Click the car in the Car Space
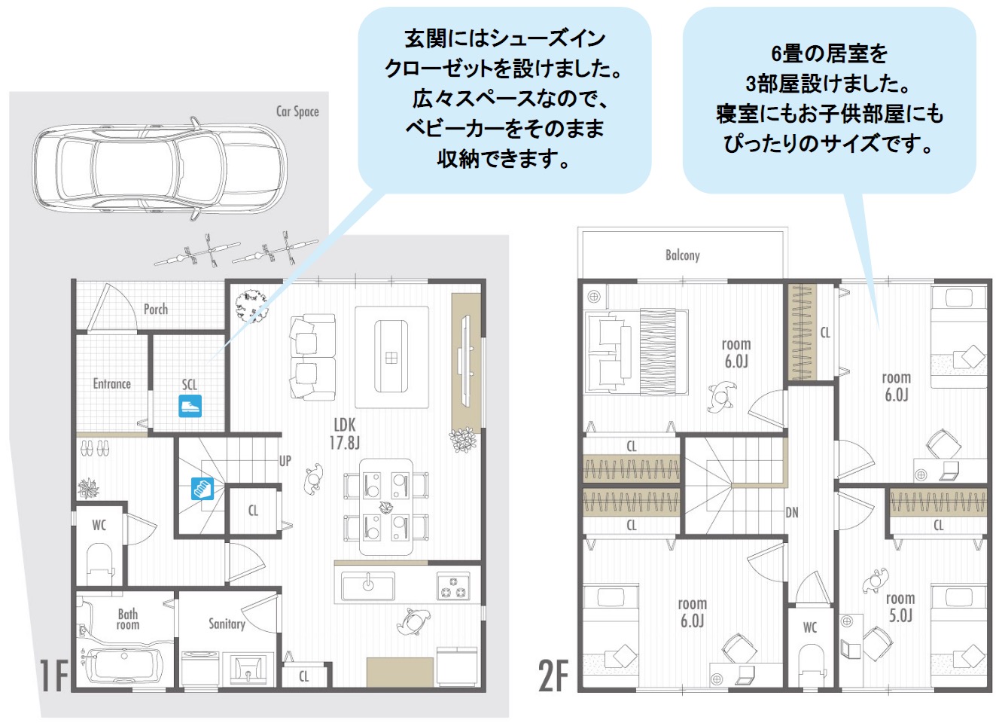[x=158, y=166]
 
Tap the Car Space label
[x=297, y=111]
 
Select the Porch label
[x=156, y=309]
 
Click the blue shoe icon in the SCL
[x=190, y=407]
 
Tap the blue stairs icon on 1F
[x=202, y=489]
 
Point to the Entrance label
[x=111, y=384]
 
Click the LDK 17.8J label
[x=345, y=434]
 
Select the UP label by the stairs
[x=285, y=461]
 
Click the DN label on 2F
[x=792, y=513]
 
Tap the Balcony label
[x=682, y=255]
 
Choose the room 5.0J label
[x=900, y=607]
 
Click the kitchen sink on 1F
[x=367, y=586]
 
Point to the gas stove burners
[x=453, y=586]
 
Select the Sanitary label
[x=227, y=624]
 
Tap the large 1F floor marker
[x=54, y=675]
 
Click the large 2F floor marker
[x=553, y=675]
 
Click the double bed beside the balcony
[x=637, y=352]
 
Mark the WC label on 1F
[x=99, y=525]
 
